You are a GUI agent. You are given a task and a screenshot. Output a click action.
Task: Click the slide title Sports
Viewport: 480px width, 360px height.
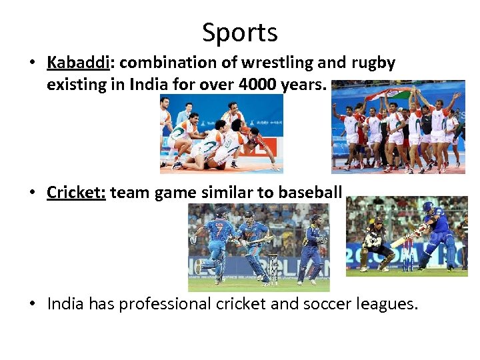coord(240,32)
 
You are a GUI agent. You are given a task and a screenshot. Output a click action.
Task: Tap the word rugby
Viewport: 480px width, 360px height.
coord(370,63)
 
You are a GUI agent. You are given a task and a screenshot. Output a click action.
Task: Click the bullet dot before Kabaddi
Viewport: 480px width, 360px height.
coord(31,63)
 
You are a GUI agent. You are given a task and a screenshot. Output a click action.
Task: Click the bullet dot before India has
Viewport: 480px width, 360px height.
coord(31,305)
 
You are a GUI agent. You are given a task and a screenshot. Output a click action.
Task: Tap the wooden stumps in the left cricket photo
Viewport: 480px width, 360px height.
coord(272,267)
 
